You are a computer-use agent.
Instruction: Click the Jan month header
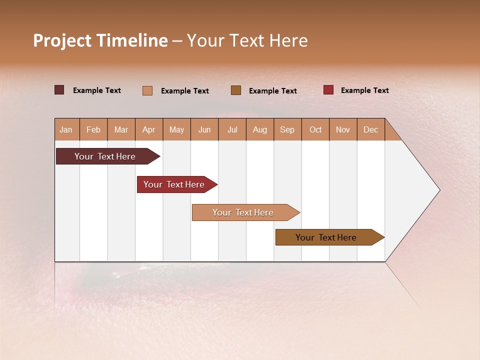click(66, 130)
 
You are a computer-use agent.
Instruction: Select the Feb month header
click(93, 130)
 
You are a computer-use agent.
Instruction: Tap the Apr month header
click(148, 130)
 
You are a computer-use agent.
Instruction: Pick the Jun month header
click(204, 130)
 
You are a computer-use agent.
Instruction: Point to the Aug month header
click(259, 130)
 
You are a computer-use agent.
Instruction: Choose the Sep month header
click(287, 130)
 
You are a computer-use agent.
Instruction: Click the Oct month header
click(315, 130)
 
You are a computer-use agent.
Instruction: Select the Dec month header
click(370, 130)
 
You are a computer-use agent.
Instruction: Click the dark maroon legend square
click(59, 90)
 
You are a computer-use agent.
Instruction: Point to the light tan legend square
click(147, 90)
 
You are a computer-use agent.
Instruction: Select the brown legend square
click(236, 90)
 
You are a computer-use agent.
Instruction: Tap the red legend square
click(328, 90)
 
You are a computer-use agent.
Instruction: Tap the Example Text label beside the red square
click(364, 90)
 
